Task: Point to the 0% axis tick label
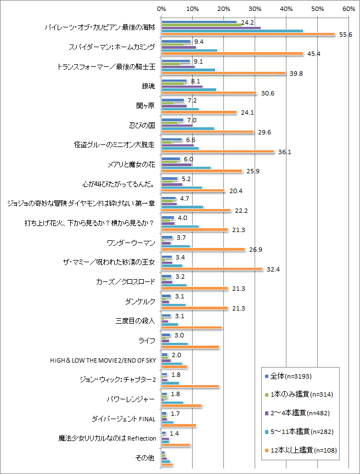pyautogui.click(x=161, y=9)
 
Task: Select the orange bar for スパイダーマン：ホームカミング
pyautogui.click(x=232, y=54)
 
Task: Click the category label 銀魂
pyautogui.click(x=148, y=86)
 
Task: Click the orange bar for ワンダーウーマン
pyautogui.click(x=203, y=250)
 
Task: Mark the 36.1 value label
pyautogui.click(x=283, y=152)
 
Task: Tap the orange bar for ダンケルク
pyautogui.click(x=194, y=308)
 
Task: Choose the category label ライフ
pyautogui.click(x=147, y=341)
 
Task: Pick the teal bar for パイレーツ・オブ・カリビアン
pyautogui.click(x=232, y=31)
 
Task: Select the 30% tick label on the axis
pyautogui.click(x=255, y=9)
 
